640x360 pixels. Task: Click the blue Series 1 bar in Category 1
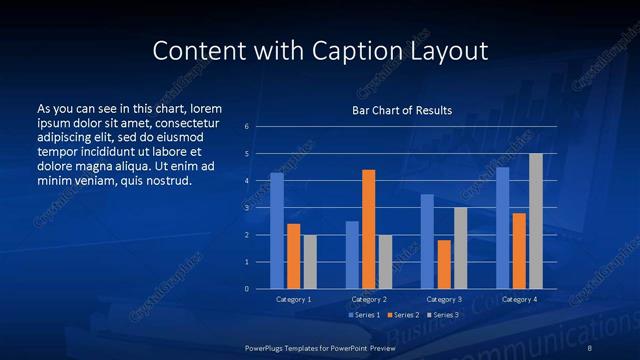[277, 231]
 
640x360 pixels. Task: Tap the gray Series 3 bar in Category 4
[536, 221]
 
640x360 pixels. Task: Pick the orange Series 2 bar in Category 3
[444, 264]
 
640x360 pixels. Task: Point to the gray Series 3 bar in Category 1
[310, 262]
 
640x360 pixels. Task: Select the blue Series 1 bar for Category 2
[352, 255]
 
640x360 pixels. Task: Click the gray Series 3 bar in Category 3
[460, 248]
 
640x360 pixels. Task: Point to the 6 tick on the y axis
[247, 127]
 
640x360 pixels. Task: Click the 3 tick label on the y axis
[247, 208]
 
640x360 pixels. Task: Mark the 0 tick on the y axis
[247, 289]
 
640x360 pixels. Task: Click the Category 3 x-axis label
[444, 299]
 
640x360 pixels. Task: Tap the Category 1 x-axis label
[293, 299]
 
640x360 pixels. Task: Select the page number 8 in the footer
[590, 347]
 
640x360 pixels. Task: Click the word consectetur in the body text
[188, 121]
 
